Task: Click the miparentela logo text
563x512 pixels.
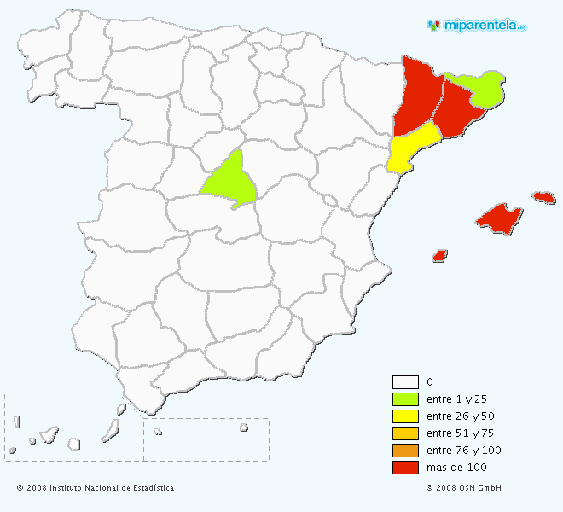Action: [x=482, y=25]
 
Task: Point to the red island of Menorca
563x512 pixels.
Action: [x=543, y=197]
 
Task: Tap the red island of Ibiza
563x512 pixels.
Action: [x=440, y=254]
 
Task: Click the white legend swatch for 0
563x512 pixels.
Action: [x=405, y=382]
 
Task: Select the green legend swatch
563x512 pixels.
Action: [x=405, y=399]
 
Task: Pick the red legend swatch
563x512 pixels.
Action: [x=405, y=468]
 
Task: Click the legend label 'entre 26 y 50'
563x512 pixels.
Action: [x=459, y=416]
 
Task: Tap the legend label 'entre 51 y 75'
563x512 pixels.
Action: [x=459, y=433]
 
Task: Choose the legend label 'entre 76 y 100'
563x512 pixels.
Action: [x=463, y=451]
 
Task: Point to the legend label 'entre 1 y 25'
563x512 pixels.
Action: [x=456, y=399]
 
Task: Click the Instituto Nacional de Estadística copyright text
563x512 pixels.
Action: [x=95, y=488]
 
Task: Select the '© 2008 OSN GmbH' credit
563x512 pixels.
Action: [x=463, y=488]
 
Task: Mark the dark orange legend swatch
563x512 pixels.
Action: [x=405, y=451]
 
